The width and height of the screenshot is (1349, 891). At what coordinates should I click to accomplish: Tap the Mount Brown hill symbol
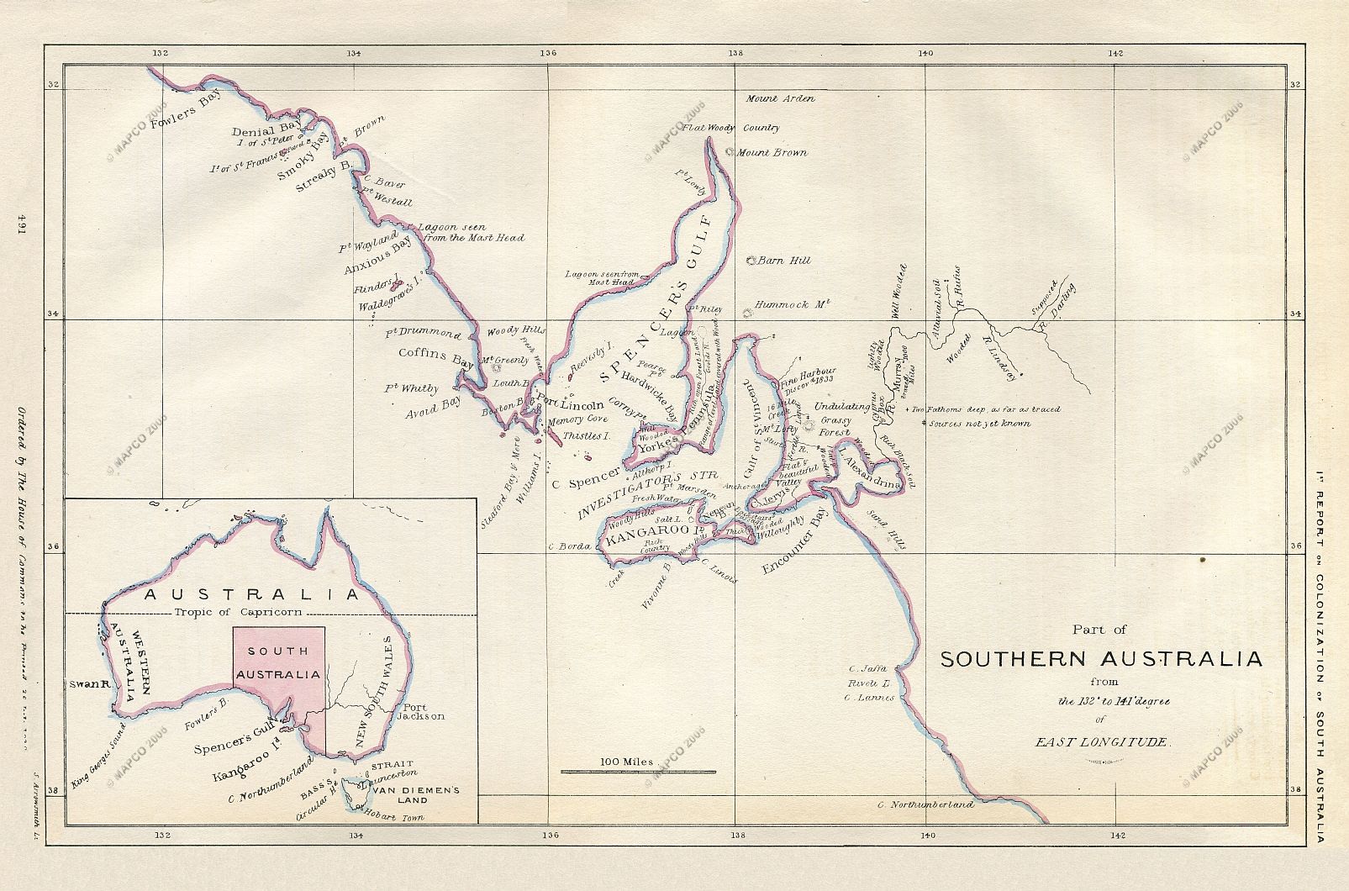(730, 152)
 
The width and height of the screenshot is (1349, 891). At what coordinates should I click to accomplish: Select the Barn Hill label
(784, 261)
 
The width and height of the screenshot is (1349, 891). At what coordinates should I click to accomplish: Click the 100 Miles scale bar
(638, 771)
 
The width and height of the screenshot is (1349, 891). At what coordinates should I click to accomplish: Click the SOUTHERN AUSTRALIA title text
(1100, 659)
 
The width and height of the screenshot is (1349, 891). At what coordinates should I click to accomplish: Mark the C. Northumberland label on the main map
(925, 804)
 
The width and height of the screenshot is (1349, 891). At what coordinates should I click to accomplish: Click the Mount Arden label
(780, 98)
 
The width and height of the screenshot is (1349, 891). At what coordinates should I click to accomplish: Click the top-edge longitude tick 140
(925, 52)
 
